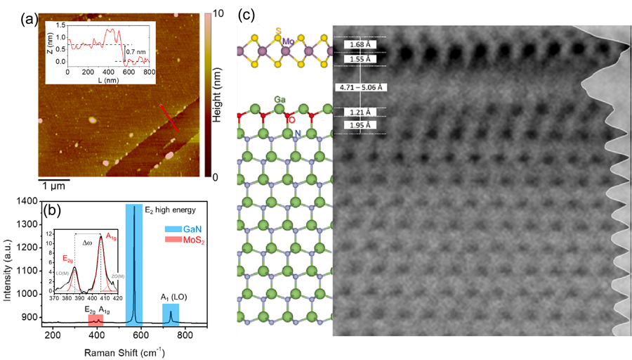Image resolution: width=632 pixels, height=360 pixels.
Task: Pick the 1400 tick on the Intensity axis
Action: (28, 202)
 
